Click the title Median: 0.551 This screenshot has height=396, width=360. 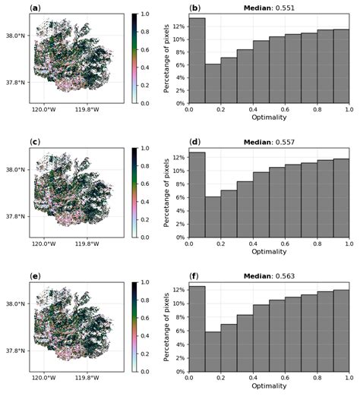tap(268, 7)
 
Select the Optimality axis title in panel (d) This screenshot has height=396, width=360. tap(268, 252)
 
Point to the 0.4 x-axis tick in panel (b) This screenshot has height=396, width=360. tap(253, 109)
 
